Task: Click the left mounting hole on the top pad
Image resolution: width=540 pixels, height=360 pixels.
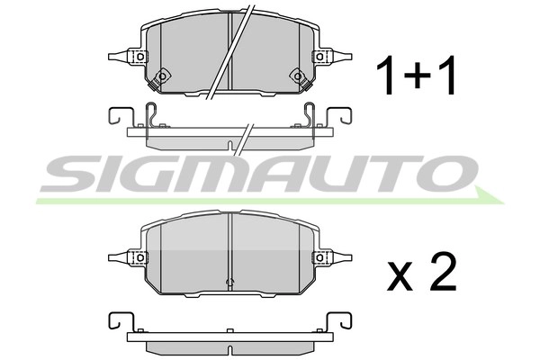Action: [139, 57]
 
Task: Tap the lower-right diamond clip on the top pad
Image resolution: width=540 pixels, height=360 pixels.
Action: [296, 76]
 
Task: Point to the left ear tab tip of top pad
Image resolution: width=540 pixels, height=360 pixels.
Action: [109, 57]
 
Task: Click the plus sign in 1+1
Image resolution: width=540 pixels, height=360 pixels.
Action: [417, 76]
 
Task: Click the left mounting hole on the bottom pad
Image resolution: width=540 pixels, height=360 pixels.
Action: [139, 256]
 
